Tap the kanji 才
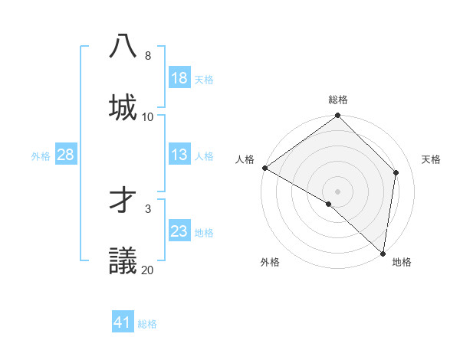123,199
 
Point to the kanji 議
123,260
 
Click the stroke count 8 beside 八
148,56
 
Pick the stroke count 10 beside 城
148,117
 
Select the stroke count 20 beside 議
148,270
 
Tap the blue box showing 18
179,78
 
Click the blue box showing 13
179,155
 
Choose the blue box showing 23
179,231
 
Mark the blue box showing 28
66,155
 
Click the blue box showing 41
123,322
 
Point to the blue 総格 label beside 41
147,324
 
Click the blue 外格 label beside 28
41,155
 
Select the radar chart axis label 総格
338,100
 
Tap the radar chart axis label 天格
431,159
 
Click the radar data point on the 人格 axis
264,168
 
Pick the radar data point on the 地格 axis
383,252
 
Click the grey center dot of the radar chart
338,191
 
